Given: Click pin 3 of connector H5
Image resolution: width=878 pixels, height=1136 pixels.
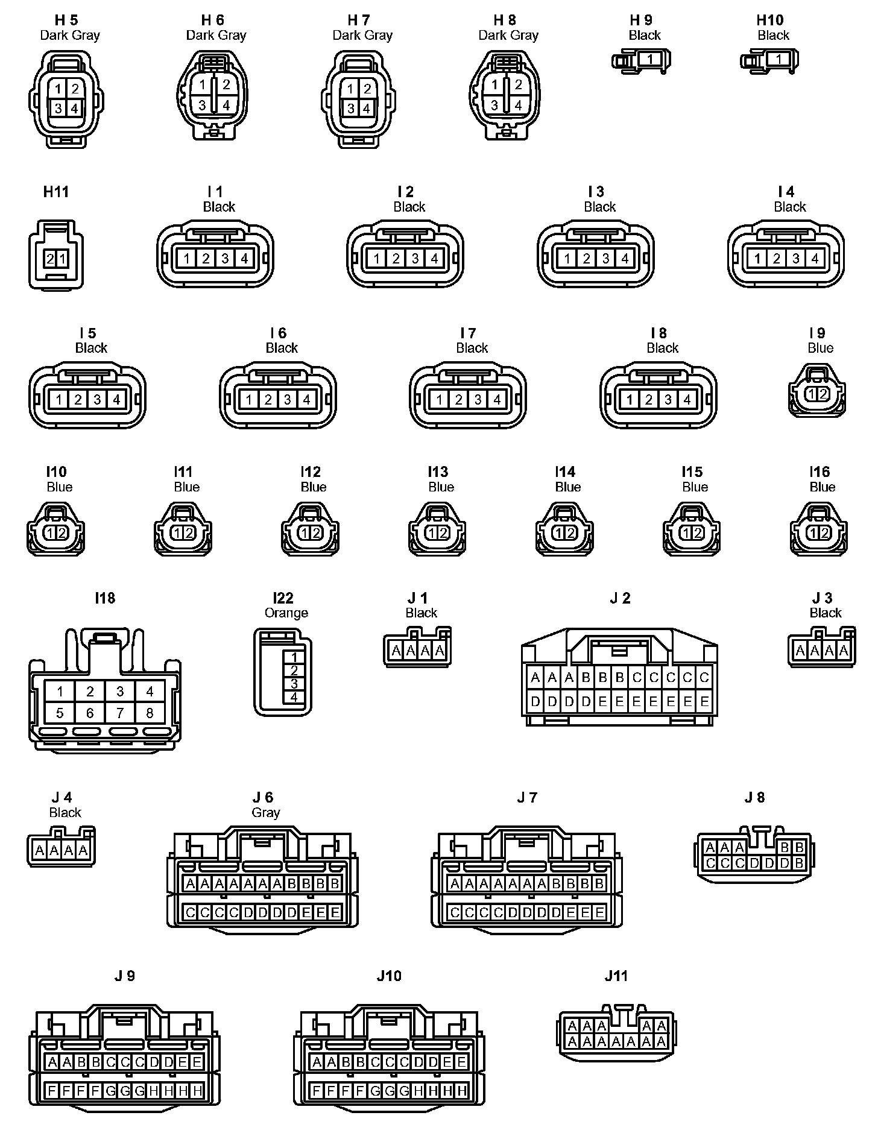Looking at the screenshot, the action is (x=58, y=109).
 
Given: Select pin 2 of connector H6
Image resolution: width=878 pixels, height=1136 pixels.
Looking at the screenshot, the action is (x=226, y=85).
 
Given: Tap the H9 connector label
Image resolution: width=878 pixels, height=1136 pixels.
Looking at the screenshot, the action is (x=642, y=20).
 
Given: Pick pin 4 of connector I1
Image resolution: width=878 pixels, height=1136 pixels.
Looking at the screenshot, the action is (x=244, y=259).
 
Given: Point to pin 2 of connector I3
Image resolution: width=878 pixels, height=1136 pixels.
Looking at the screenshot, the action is (x=586, y=259).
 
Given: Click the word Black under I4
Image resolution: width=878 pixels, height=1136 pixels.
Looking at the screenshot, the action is (x=790, y=207).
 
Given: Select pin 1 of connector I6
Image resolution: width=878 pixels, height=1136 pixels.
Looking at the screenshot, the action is (x=249, y=399).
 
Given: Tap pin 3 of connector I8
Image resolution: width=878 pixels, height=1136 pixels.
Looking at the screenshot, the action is (x=668, y=399).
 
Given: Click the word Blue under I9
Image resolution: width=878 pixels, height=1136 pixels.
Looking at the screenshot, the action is (x=820, y=348).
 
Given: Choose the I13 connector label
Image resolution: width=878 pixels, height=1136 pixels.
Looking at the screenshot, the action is (x=438, y=472).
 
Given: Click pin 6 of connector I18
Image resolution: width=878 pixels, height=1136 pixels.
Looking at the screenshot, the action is (x=90, y=713).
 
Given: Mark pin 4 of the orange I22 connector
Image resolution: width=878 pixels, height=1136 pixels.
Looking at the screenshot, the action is (x=294, y=697).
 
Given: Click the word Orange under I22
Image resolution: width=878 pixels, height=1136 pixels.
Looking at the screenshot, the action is (x=286, y=613).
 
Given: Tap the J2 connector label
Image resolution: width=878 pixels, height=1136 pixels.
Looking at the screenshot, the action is (x=620, y=598).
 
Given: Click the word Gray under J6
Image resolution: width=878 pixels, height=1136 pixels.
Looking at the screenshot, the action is (x=266, y=812).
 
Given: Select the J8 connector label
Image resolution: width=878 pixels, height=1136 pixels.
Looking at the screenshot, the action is (x=754, y=797).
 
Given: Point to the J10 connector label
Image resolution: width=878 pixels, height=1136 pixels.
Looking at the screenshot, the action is (x=389, y=976).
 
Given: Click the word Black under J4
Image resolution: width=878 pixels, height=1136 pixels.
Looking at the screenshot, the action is (x=65, y=812).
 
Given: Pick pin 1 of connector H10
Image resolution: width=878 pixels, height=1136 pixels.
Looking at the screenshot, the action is (x=779, y=60).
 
